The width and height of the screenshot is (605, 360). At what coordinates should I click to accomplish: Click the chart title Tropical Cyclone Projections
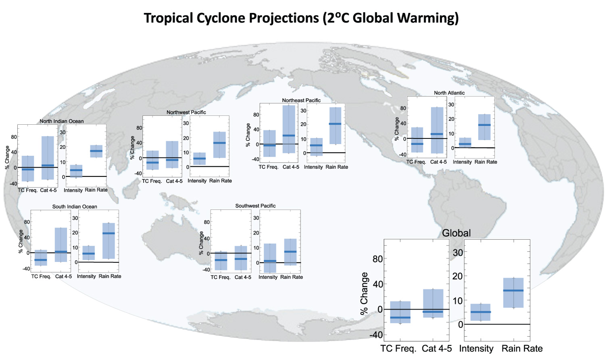pyautogui.click(x=301, y=18)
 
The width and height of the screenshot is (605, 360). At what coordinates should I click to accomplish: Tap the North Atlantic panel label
pyautogui.click(x=449, y=93)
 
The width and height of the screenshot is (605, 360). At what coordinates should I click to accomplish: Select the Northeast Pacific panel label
pyautogui.click(x=301, y=100)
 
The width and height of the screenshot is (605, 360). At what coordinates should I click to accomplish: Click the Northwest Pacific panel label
pyautogui.click(x=186, y=112)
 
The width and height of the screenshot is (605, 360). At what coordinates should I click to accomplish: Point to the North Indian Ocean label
pyautogui.click(x=62, y=121)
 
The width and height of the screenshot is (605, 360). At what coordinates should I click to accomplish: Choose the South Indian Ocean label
pyautogui.click(x=75, y=207)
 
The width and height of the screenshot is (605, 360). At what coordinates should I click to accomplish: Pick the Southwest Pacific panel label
pyautogui.click(x=255, y=206)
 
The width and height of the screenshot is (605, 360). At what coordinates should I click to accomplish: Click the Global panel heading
pyautogui.click(x=456, y=233)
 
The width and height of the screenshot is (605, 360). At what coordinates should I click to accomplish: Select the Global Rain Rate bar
pyautogui.click(x=513, y=293)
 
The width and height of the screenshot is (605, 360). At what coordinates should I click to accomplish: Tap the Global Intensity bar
pyautogui.click(x=480, y=312)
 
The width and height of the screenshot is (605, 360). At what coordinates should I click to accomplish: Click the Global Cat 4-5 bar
pyautogui.click(x=433, y=303)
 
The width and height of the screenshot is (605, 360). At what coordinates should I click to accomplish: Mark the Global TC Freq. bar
pyautogui.click(x=400, y=312)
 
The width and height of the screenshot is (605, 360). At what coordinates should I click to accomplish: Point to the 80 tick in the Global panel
pyautogui.click(x=378, y=259)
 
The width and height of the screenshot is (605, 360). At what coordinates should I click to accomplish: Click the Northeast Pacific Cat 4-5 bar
pyautogui.click(x=289, y=129)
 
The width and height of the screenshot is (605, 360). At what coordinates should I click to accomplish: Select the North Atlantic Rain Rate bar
pyautogui.click(x=484, y=127)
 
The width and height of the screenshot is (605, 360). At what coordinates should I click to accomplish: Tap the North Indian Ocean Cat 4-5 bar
pyautogui.click(x=48, y=158)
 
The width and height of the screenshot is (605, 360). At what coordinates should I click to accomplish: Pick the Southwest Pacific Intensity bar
pyautogui.click(x=270, y=258)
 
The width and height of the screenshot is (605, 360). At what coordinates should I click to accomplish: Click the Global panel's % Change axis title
pyautogui.click(x=364, y=293)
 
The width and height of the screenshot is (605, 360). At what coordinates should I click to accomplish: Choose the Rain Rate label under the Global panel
pyautogui.click(x=522, y=349)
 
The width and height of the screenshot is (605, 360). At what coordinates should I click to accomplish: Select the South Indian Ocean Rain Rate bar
pyautogui.click(x=108, y=241)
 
